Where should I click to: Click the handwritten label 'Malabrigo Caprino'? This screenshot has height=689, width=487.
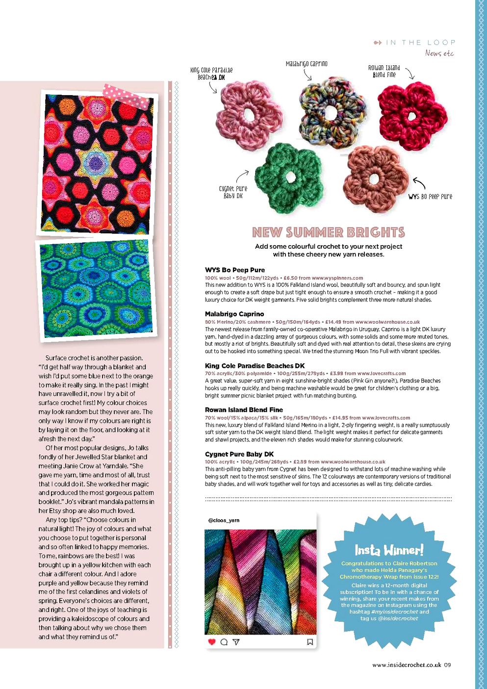pos(307,64)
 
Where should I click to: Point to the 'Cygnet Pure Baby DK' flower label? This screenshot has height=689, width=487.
pos(233,192)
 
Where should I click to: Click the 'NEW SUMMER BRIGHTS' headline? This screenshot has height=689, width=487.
pos(328,232)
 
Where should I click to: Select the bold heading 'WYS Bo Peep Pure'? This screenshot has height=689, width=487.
pos(234,270)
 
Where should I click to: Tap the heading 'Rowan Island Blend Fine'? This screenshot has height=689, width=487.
pos(244,409)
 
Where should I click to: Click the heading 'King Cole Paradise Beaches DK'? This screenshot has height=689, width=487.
pos(255,365)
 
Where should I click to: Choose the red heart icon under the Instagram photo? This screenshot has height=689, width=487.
pos(212,642)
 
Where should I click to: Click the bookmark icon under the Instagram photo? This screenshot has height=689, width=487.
pos(310,642)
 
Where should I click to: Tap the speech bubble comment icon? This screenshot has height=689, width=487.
pos(224,642)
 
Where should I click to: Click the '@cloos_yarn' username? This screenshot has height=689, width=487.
pos(224,520)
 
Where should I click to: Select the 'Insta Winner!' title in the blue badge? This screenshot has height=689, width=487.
pos(389,550)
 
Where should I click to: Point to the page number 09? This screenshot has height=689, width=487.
pos(447,665)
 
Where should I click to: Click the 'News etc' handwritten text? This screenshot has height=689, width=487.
pos(439,53)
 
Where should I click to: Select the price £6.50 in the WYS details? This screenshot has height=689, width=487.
pos(290,278)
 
